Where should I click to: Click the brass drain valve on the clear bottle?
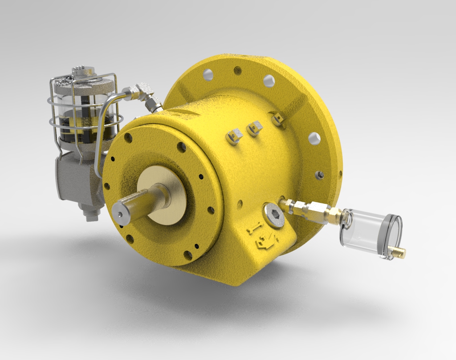pyautogui.click(x=397, y=252)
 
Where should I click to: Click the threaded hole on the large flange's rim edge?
pyautogui.click(x=319, y=175)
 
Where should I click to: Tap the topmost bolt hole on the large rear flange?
pyautogui.click(x=238, y=70)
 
